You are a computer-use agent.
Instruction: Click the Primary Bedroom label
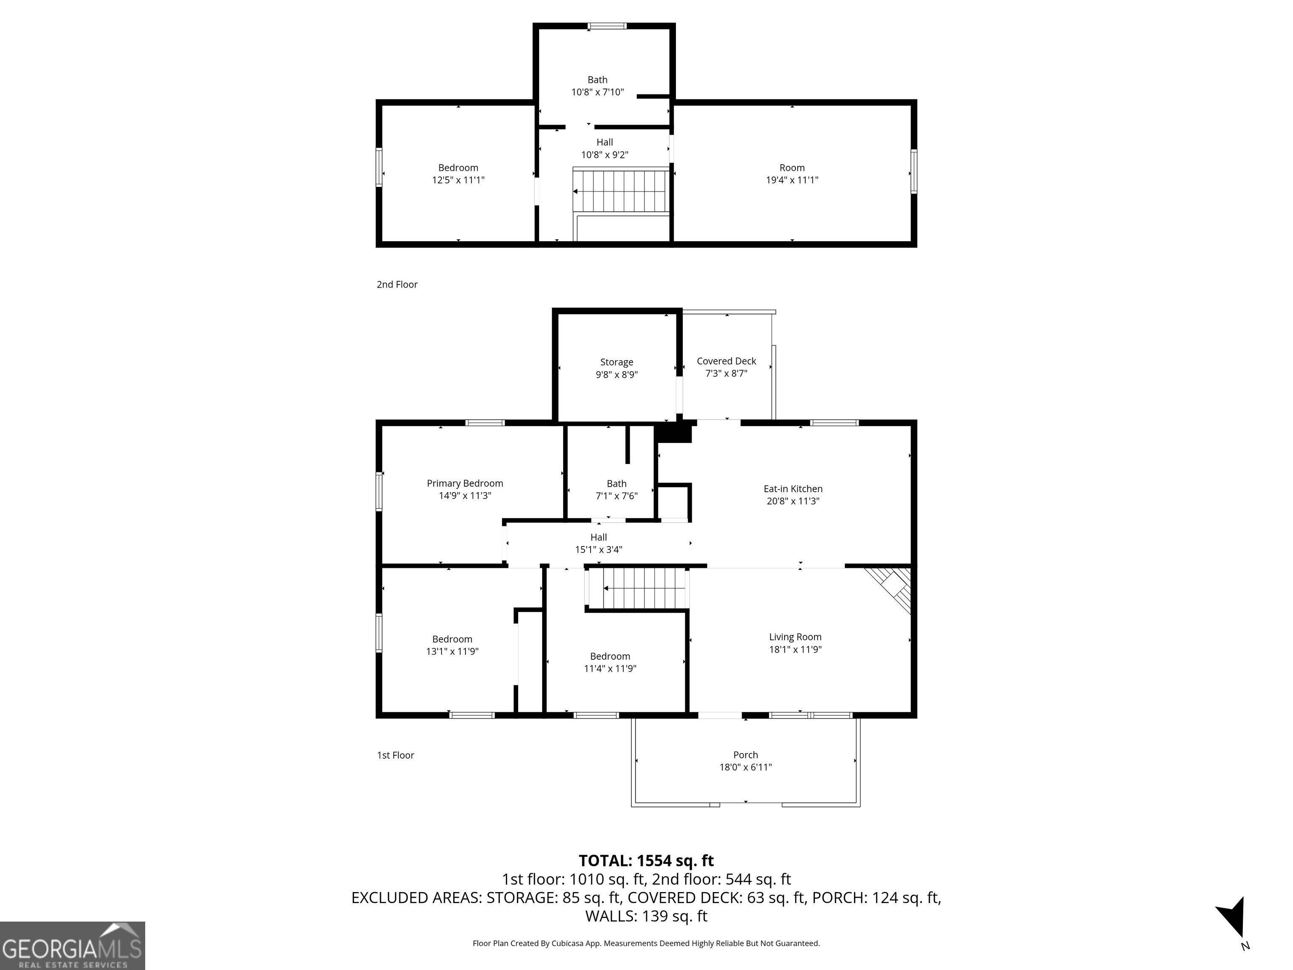point(465,483)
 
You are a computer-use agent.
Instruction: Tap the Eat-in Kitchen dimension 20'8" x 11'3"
point(793,501)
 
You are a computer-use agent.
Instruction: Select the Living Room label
point(795,637)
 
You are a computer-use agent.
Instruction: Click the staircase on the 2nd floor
point(621,191)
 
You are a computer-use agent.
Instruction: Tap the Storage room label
point(617,362)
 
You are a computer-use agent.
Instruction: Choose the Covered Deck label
point(726,361)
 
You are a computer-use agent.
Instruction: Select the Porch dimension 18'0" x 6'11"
point(745,767)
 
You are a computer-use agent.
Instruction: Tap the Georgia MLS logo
point(72,946)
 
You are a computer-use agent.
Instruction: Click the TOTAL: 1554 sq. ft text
point(646,861)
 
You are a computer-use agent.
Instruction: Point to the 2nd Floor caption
point(397,284)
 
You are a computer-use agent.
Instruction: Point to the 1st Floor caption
point(395,755)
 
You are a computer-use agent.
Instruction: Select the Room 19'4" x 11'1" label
point(792,173)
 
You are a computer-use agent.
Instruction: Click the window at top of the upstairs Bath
point(607,26)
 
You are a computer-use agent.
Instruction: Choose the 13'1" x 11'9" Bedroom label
point(452,645)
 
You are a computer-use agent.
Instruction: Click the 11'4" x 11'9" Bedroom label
point(610,662)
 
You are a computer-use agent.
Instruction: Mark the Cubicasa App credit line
point(646,943)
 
